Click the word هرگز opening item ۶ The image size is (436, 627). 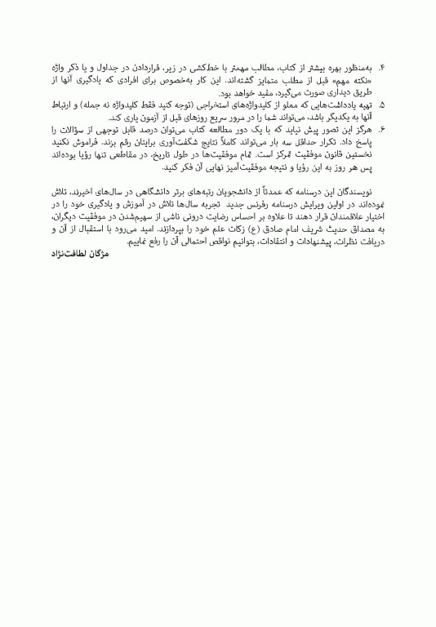pyautogui.click(x=363, y=130)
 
